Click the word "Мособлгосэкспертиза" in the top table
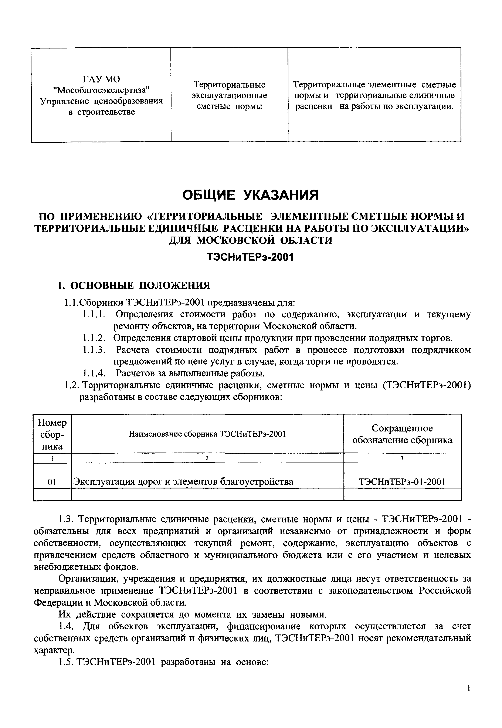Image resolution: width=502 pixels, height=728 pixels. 101,90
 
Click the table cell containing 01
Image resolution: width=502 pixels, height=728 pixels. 52,482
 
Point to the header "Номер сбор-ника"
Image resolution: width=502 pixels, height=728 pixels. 52,434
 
